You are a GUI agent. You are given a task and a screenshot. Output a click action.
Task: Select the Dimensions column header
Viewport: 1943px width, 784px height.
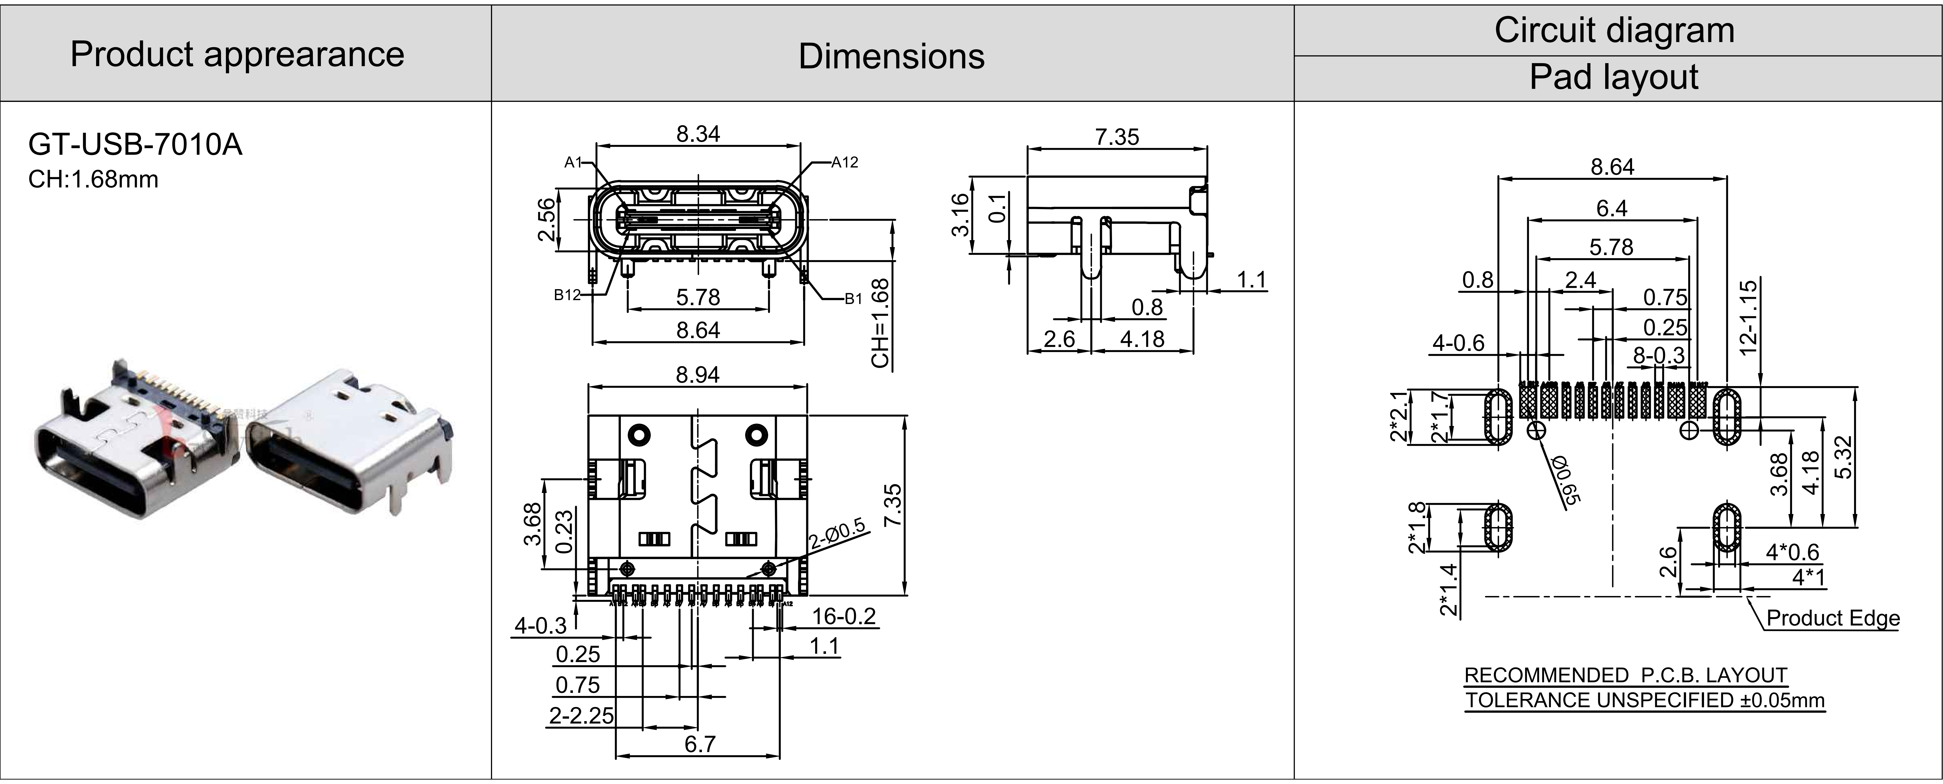pos(892,56)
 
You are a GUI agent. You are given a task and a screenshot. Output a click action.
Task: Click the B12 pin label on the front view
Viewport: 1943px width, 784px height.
pos(567,295)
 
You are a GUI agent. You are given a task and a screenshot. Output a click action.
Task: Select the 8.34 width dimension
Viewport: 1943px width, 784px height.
pos(698,134)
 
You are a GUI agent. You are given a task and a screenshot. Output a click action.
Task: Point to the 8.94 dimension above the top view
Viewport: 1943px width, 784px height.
pos(698,375)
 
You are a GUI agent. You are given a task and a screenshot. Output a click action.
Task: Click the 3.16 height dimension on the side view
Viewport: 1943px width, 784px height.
pos(960,215)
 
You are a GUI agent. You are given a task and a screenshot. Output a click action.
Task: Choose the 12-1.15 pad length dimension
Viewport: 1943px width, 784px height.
pos(1748,317)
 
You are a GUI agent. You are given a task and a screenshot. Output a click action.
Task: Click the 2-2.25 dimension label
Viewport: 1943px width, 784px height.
pos(581,715)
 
